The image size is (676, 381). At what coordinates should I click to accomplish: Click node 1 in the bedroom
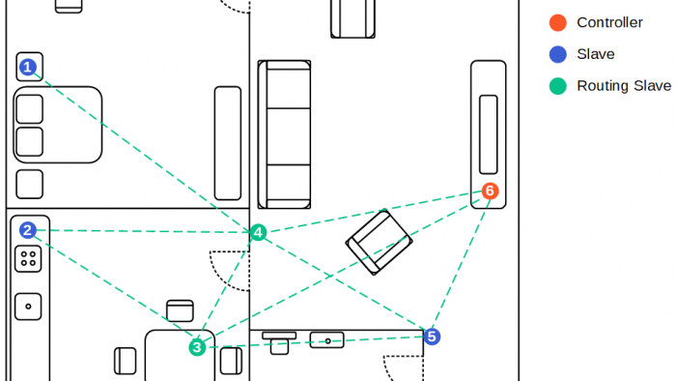point(28,67)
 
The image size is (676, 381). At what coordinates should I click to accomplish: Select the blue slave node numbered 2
point(28,230)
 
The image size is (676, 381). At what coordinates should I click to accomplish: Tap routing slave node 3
point(197,346)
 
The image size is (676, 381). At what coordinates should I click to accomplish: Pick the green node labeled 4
point(258,232)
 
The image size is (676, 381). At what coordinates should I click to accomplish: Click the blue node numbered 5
point(432,337)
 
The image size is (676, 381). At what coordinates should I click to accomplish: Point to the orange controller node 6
point(490,190)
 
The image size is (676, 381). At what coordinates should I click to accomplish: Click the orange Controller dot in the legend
point(557,22)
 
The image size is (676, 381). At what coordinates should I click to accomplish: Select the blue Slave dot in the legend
point(557,54)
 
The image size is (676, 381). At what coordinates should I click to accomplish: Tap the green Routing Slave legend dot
point(557,86)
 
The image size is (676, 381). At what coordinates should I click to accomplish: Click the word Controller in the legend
point(609,22)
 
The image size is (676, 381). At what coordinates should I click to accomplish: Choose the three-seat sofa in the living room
point(284,134)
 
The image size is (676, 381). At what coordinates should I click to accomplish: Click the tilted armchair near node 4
point(379,242)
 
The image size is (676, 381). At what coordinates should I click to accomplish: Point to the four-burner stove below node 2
point(28,258)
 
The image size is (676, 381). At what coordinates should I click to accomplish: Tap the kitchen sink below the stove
point(28,307)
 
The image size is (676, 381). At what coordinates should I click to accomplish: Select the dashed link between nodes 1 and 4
point(143,149)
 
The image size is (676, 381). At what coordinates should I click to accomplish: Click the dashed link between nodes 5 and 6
point(461,263)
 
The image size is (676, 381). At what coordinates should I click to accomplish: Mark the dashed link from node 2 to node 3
point(112,288)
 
